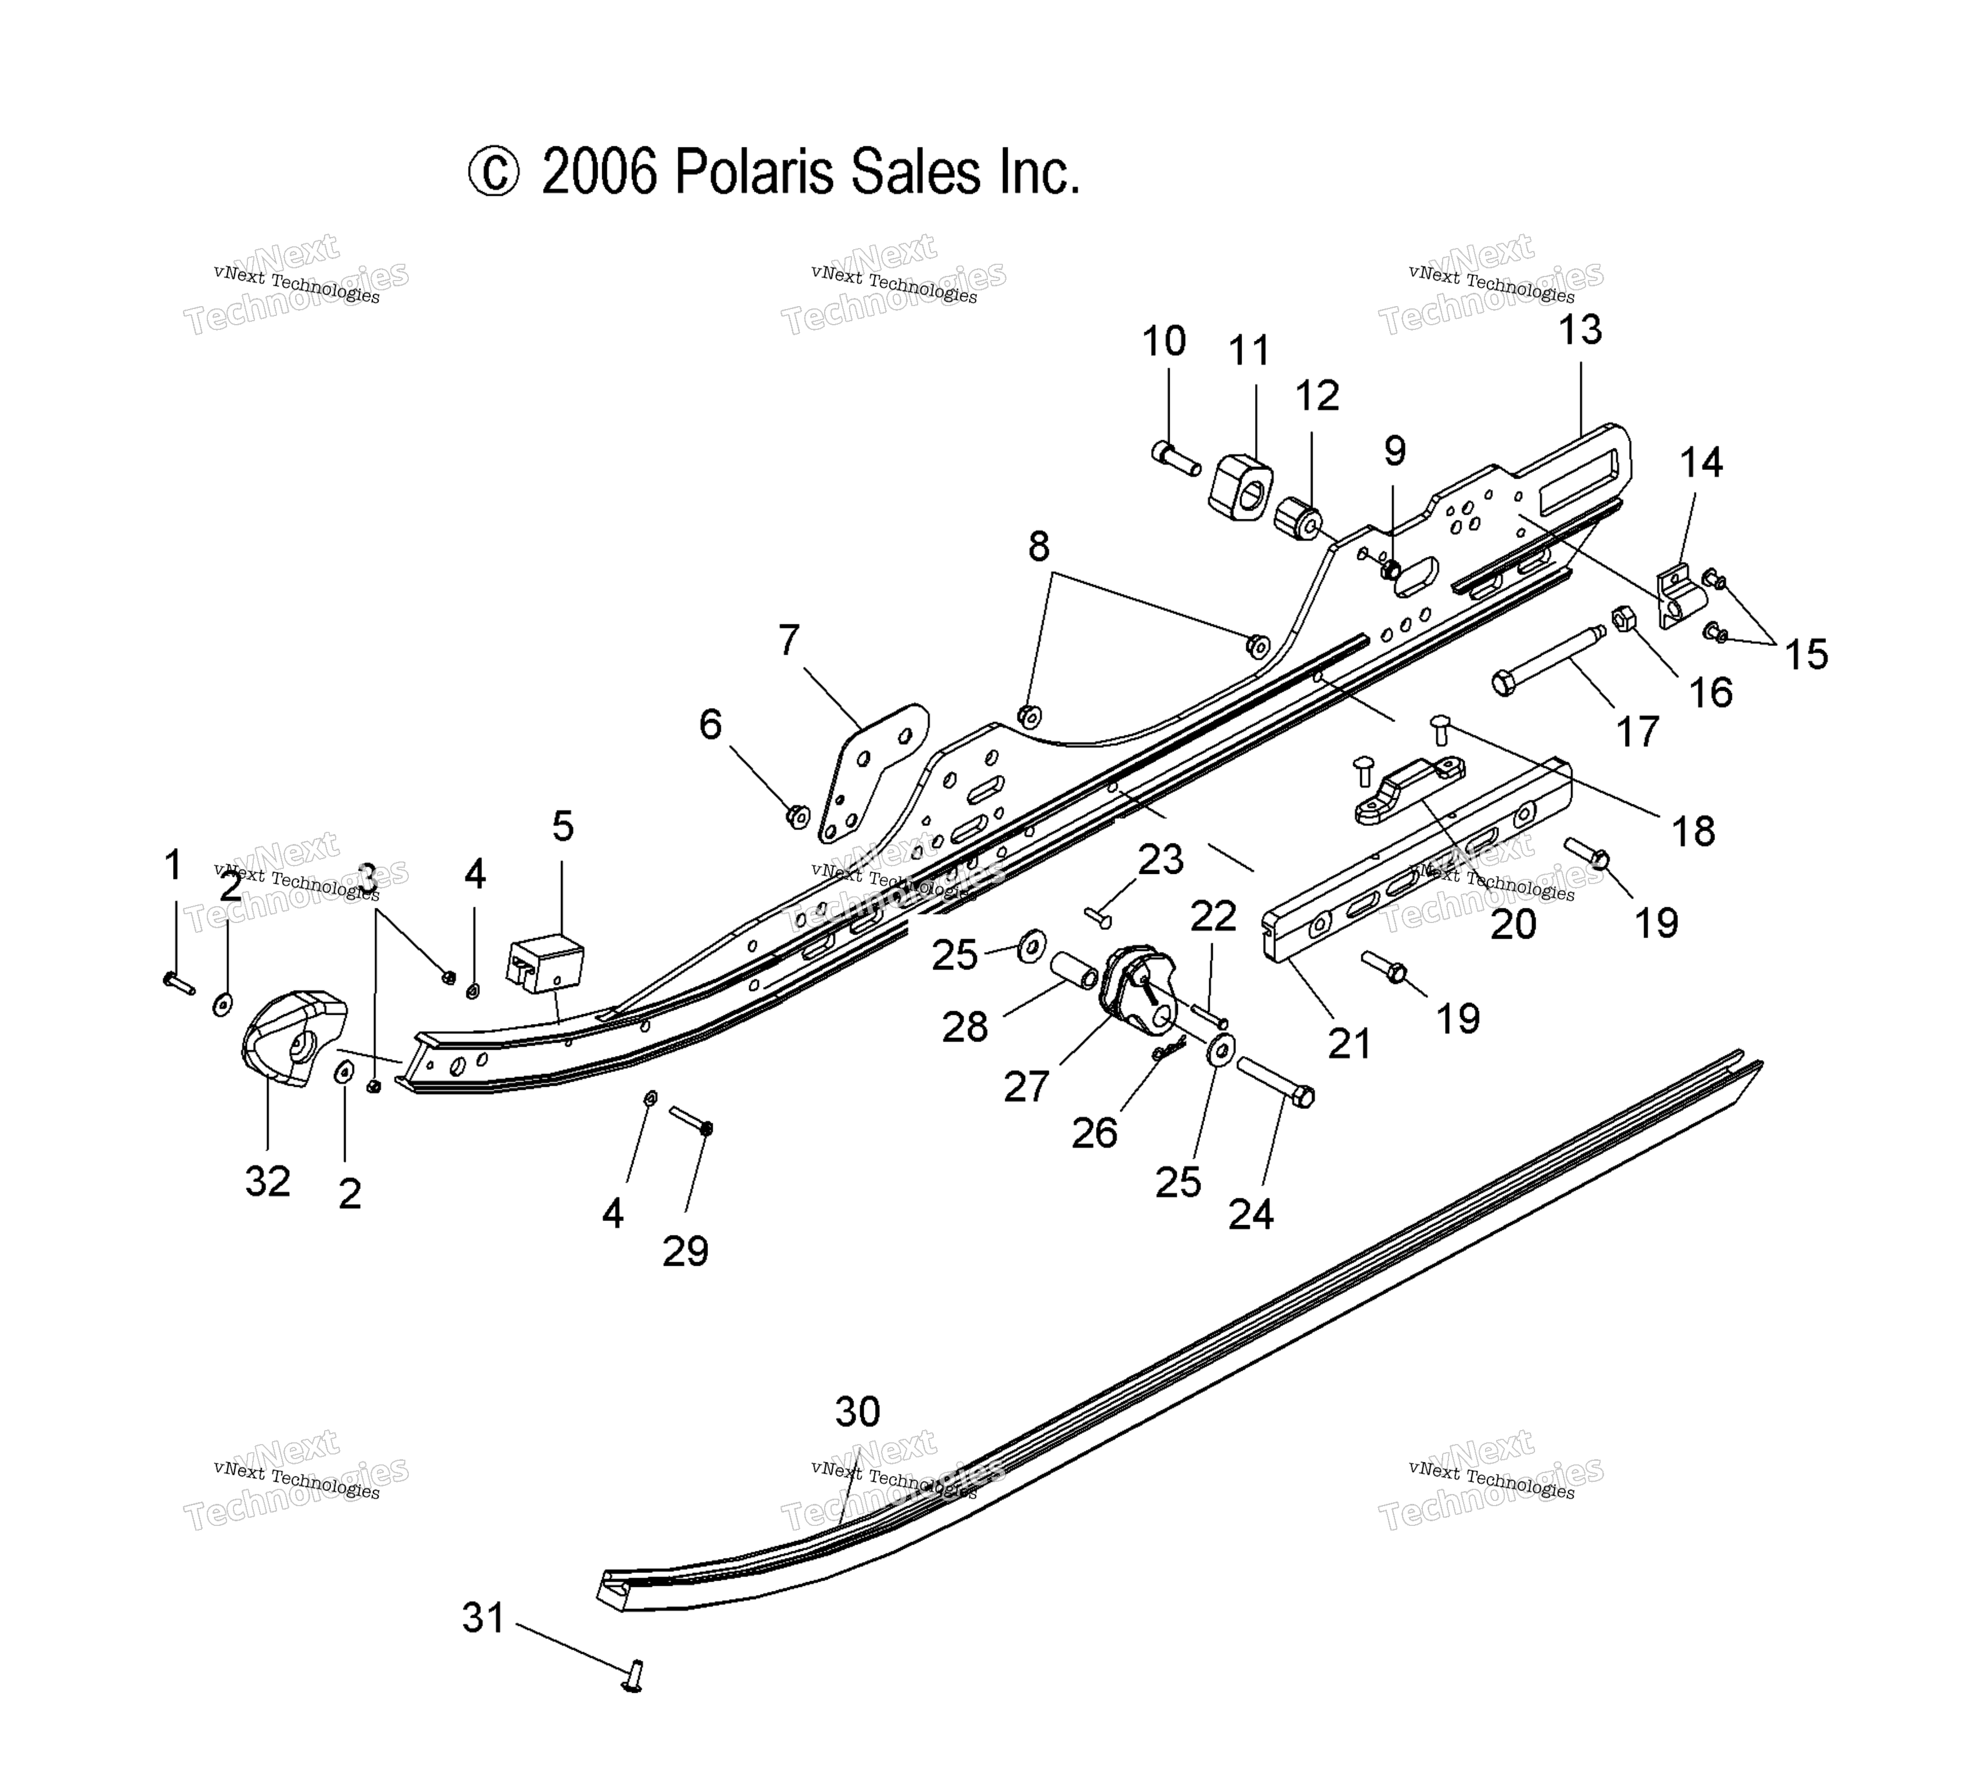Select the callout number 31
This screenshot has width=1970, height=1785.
click(484, 1618)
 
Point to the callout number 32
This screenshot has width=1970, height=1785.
click(268, 1181)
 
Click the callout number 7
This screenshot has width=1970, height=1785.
click(789, 640)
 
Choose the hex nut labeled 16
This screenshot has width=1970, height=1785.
click(1623, 618)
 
